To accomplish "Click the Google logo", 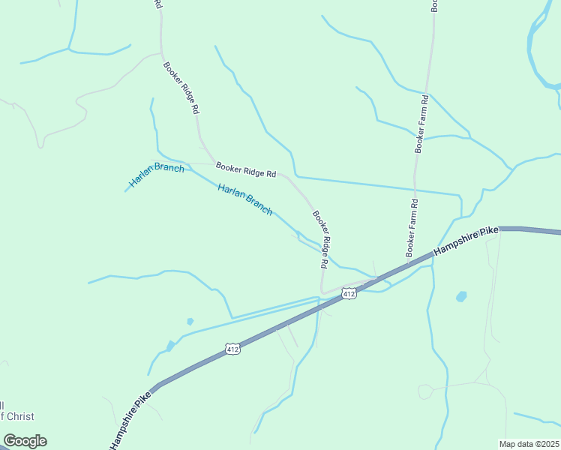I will coord(25,441).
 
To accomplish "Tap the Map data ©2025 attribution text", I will coord(529,443).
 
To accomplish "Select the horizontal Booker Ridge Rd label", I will coord(246,169).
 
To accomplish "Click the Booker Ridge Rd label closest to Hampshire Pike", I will coord(321,239).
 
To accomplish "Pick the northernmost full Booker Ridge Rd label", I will coord(181,87).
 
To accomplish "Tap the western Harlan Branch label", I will coord(156,174).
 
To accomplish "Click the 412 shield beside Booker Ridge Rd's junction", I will coord(349,292).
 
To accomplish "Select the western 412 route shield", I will coord(232,349).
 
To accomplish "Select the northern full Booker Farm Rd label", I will coord(422,124).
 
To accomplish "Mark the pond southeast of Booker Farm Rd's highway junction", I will coord(460,296).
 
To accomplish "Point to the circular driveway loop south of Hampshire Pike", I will coord(425,391).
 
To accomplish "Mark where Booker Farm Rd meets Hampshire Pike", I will coord(411,264).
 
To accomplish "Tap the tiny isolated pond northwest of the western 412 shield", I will coord(190,321).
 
